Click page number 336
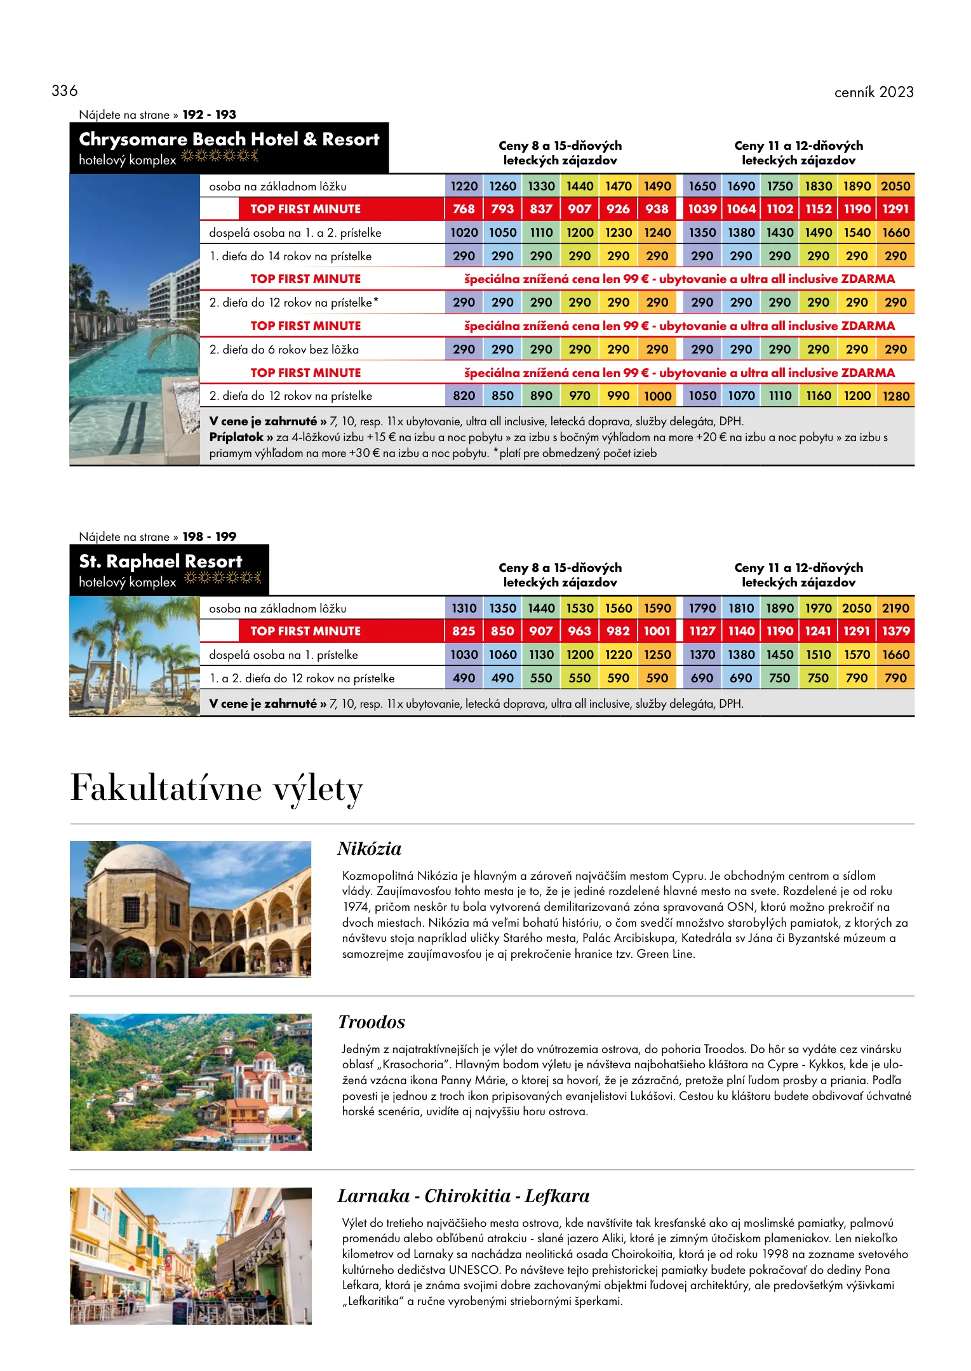pyautogui.click(x=65, y=91)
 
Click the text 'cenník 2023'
pyautogui.click(x=874, y=93)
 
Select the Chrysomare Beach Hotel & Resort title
pyautogui.click(x=229, y=139)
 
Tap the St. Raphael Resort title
pyautogui.click(x=161, y=561)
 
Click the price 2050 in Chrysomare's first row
pyautogui.click(x=895, y=186)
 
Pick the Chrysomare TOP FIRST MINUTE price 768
pyautogui.click(x=464, y=209)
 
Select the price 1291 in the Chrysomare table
pyautogui.click(x=895, y=209)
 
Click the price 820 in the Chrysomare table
pyautogui.click(x=464, y=396)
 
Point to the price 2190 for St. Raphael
pyautogui.click(x=895, y=608)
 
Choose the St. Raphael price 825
pyautogui.click(x=464, y=631)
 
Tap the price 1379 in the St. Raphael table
pyautogui.click(x=895, y=631)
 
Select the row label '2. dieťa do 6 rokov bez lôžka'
pyautogui.click(x=284, y=350)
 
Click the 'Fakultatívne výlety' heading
pyautogui.click(x=217, y=789)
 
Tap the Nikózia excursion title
pyautogui.click(x=369, y=849)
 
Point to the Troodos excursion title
pyautogui.click(x=371, y=1023)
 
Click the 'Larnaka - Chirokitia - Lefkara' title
pyautogui.click(x=463, y=1196)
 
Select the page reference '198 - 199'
pyautogui.click(x=209, y=537)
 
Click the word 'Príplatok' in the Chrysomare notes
pyautogui.click(x=236, y=437)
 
